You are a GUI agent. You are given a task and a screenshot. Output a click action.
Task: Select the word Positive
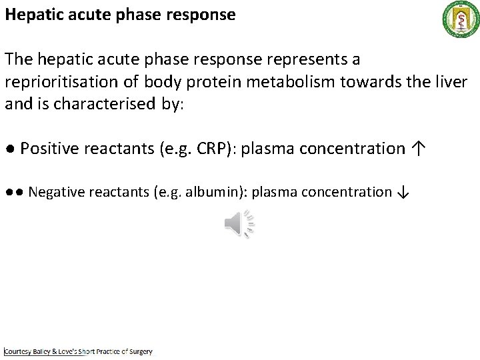[47, 149]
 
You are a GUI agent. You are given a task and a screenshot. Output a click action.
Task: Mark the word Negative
[57, 193]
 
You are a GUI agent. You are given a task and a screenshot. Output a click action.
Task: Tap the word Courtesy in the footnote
[19, 351]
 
